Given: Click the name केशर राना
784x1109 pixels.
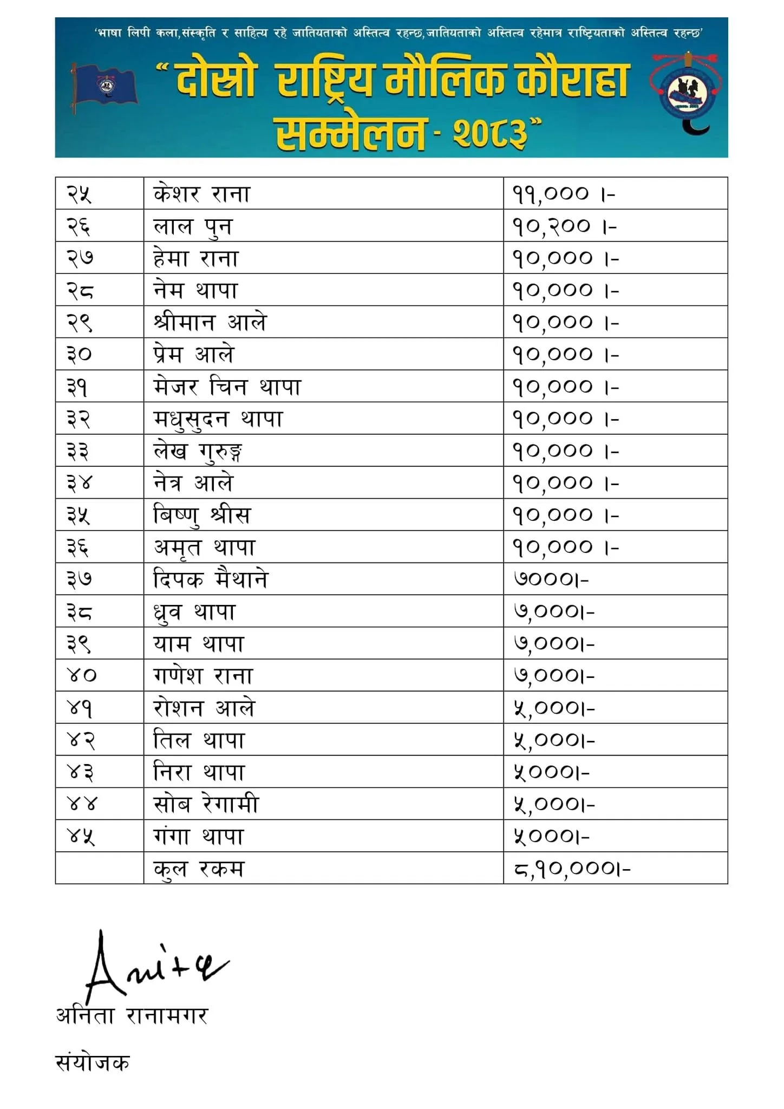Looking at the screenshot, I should pyautogui.click(x=201, y=194).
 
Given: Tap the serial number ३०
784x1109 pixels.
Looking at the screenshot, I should pyautogui.click(x=79, y=355).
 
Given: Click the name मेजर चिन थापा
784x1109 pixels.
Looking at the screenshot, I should pyautogui.click(x=226, y=387).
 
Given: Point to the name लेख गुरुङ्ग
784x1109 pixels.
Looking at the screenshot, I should pyautogui.click(x=198, y=452).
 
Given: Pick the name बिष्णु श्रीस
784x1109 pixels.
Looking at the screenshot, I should pyautogui.click(x=202, y=516).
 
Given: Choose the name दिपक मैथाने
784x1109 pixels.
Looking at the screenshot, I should pyautogui.click(x=211, y=579).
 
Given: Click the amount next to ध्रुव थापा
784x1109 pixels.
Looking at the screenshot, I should pyautogui.click(x=554, y=612).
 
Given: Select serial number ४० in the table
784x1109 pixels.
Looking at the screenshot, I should pyautogui.click(x=81, y=675).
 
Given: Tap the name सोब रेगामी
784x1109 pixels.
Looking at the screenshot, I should pyautogui.click(x=206, y=804).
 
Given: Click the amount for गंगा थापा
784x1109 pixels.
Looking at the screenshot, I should pyautogui.click(x=551, y=837).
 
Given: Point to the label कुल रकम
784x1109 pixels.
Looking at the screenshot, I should pyautogui.click(x=199, y=869).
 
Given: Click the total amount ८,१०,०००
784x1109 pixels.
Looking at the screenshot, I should pyautogui.click(x=572, y=869).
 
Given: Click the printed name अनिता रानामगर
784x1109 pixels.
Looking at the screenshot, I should pyautogui.click(x=132, y=1016).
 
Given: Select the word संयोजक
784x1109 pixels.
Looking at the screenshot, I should pyautogui.click(x=93, y=1063).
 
